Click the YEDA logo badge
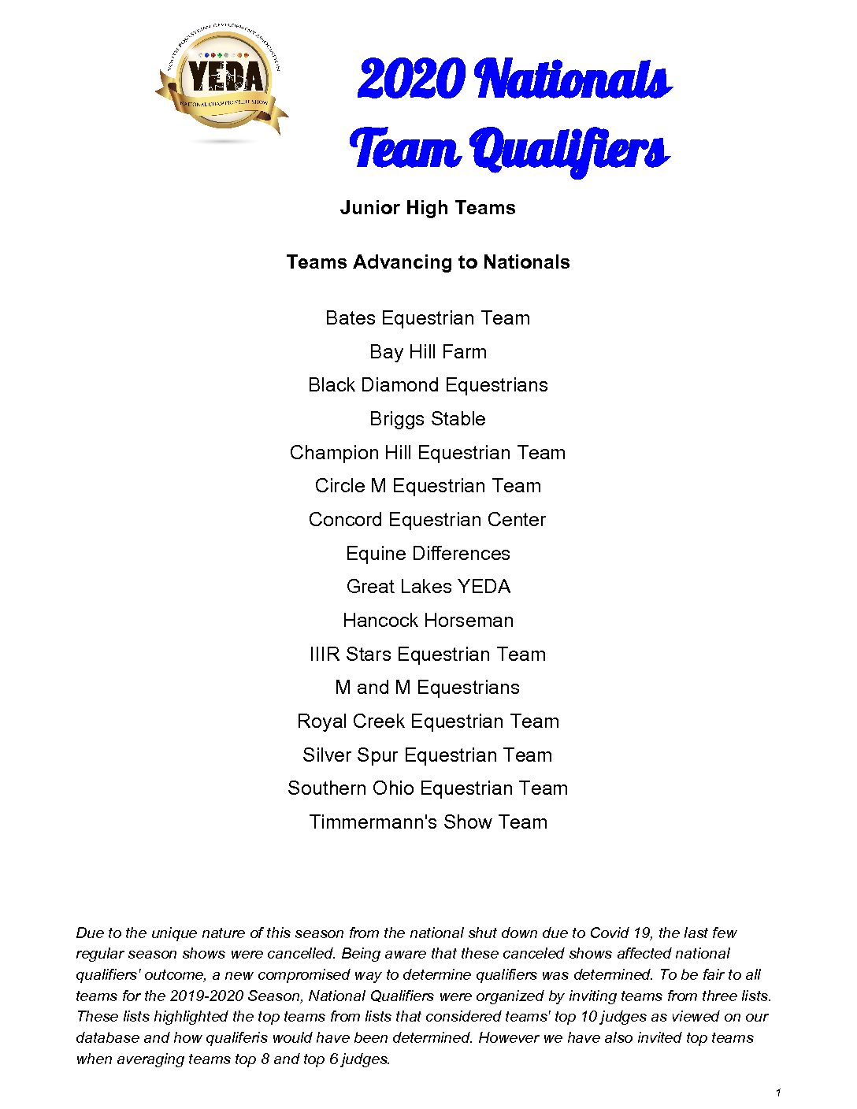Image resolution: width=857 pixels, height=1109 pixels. pos(224,81)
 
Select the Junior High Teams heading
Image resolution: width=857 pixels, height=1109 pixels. pos(428,208)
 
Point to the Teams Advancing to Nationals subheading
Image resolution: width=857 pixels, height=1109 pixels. pos(428,262)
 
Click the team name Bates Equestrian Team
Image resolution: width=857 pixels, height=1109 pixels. pos(428,318)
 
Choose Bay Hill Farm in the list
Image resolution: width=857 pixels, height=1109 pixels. pos(428,352)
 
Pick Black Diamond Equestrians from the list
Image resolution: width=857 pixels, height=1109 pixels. pos(428,385)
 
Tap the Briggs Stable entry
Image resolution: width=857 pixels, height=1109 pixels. pos(428,419)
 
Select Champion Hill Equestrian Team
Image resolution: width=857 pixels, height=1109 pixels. pos(428,453)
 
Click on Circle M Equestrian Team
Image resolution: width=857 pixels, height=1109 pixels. pos(428,486)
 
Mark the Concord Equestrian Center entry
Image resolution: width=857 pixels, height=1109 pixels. pos(428,520)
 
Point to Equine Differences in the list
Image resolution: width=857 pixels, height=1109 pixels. pos(428,554)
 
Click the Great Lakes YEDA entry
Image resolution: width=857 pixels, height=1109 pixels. pos(428,587)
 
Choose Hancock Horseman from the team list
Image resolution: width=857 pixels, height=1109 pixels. pos(428,621)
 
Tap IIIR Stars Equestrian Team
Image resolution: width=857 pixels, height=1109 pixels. pos(428,655)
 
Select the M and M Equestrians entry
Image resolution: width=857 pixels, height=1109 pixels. pos(428,688)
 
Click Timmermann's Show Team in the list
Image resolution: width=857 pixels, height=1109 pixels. pos(428,822)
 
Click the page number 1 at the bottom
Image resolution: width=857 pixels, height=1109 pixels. pos(778,1092)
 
